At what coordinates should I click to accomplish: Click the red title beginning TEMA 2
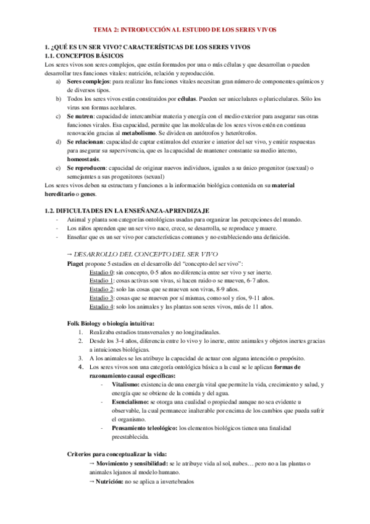185,29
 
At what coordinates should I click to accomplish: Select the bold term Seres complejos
88,82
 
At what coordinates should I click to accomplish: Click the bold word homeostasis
83,159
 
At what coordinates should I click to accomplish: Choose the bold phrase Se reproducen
86,167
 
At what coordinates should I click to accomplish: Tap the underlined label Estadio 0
101,272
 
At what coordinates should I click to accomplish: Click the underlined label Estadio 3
101,298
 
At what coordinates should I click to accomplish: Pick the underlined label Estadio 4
101,306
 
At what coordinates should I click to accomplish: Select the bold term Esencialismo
132,402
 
